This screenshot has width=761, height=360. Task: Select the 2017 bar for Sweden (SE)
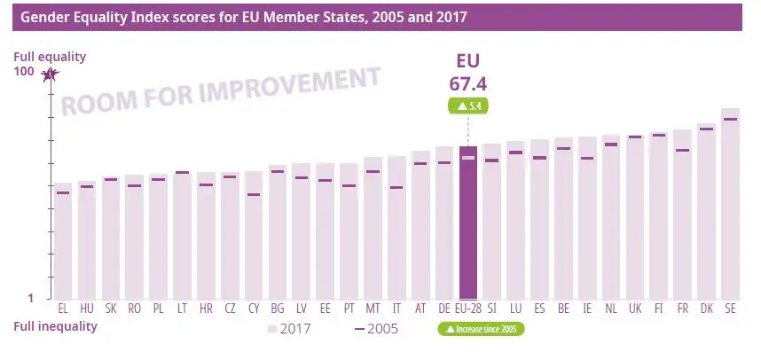(x=730, y=204)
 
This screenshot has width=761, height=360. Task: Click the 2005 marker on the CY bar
(x=254, y=194)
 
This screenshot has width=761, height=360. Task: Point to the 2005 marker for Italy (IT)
(x=396, y=187)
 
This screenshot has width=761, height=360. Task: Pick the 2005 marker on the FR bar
(x=682, y=150)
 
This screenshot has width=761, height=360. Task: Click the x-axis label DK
(x=706, y=309)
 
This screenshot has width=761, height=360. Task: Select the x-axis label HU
(x=87, y=309)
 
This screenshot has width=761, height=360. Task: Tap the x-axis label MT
(x=373, y=309)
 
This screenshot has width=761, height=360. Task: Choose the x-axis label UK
(x=634, y=309)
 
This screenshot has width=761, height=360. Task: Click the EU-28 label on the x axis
(x=468, y=309)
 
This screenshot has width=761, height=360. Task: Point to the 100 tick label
(x=24, y=73)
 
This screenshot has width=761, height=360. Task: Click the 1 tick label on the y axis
(x=28, y=299)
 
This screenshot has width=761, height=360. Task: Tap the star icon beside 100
(x=50, y=74)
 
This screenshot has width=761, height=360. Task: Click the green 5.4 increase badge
(x=468, y=106)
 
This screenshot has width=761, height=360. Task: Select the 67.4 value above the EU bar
(x=468, y=83)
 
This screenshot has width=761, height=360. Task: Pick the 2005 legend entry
(x=377, y=328)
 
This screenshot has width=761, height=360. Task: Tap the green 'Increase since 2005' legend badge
(x=480, y=329)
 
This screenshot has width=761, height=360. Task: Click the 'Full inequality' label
(x=55, y=326)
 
